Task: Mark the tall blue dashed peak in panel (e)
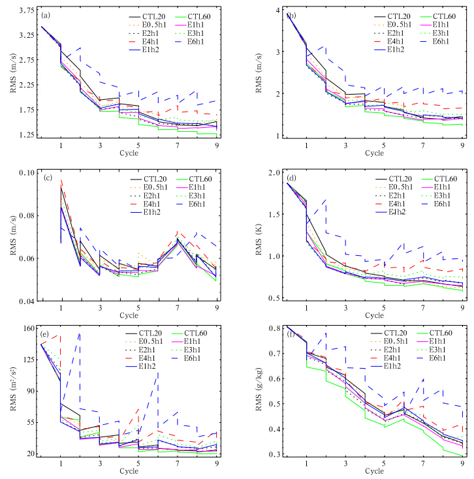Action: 80,333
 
